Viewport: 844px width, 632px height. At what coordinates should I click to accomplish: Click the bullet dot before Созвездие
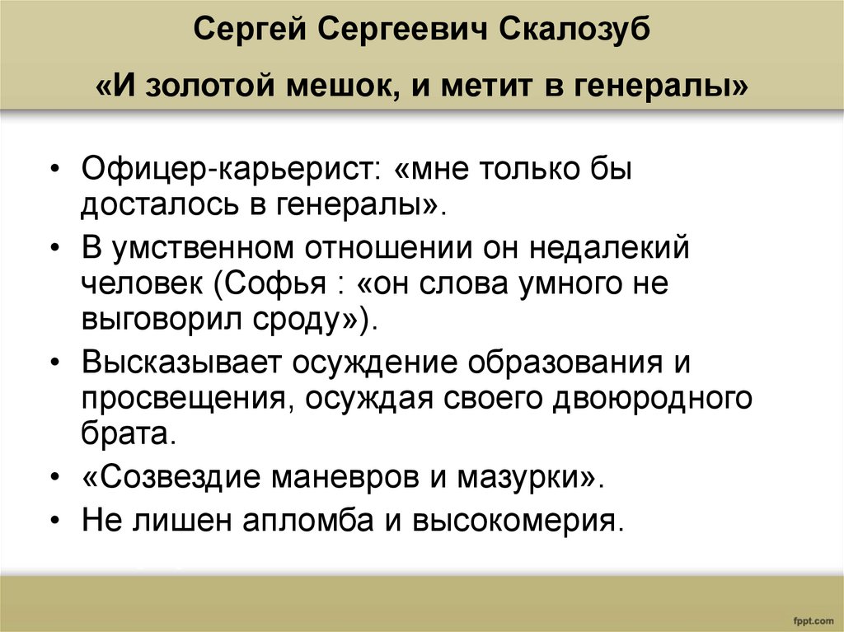(54, 478)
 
